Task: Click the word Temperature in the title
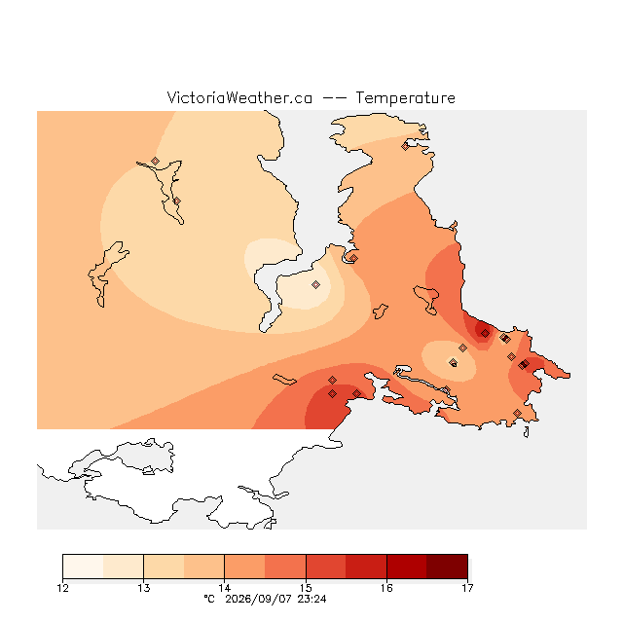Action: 405,97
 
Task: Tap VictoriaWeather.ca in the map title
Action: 239,97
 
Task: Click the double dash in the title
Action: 334,98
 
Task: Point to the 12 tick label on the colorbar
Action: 62,588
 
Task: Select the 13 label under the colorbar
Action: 143,588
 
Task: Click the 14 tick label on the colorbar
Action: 225,588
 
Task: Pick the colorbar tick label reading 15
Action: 306,588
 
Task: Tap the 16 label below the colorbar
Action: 386,588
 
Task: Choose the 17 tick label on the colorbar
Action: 467,588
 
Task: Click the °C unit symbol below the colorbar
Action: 209,599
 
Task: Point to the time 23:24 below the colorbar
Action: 311,599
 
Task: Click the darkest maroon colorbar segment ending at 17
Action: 447,567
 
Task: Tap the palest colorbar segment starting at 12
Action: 83,567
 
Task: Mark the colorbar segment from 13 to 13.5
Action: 164,567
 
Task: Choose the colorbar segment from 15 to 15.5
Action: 326,567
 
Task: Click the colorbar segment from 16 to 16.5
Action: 407,567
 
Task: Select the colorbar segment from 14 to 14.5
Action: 244,567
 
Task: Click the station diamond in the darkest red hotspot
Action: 485,333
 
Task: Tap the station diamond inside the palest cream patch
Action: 315,284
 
